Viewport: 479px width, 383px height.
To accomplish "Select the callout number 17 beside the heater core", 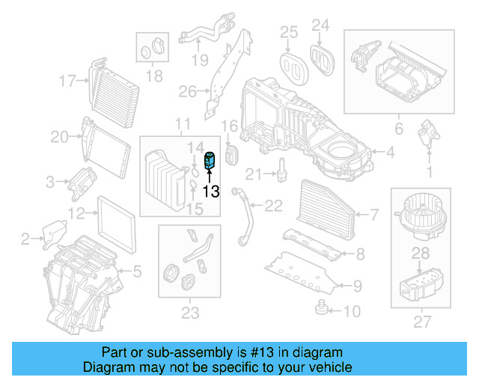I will click(x=68, y=80).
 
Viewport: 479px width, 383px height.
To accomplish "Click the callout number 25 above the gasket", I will click(x=289, y=31).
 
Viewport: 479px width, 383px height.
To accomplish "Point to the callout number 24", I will click(x=320, y=26).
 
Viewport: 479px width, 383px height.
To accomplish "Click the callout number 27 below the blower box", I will click(x=423, y=323).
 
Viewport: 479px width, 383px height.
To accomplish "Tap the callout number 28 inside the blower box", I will click(x=422, y=254).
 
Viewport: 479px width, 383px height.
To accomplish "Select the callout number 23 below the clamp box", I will click(x=192, y=313).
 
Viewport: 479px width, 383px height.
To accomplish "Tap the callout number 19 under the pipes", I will click(x=198, y=60).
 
